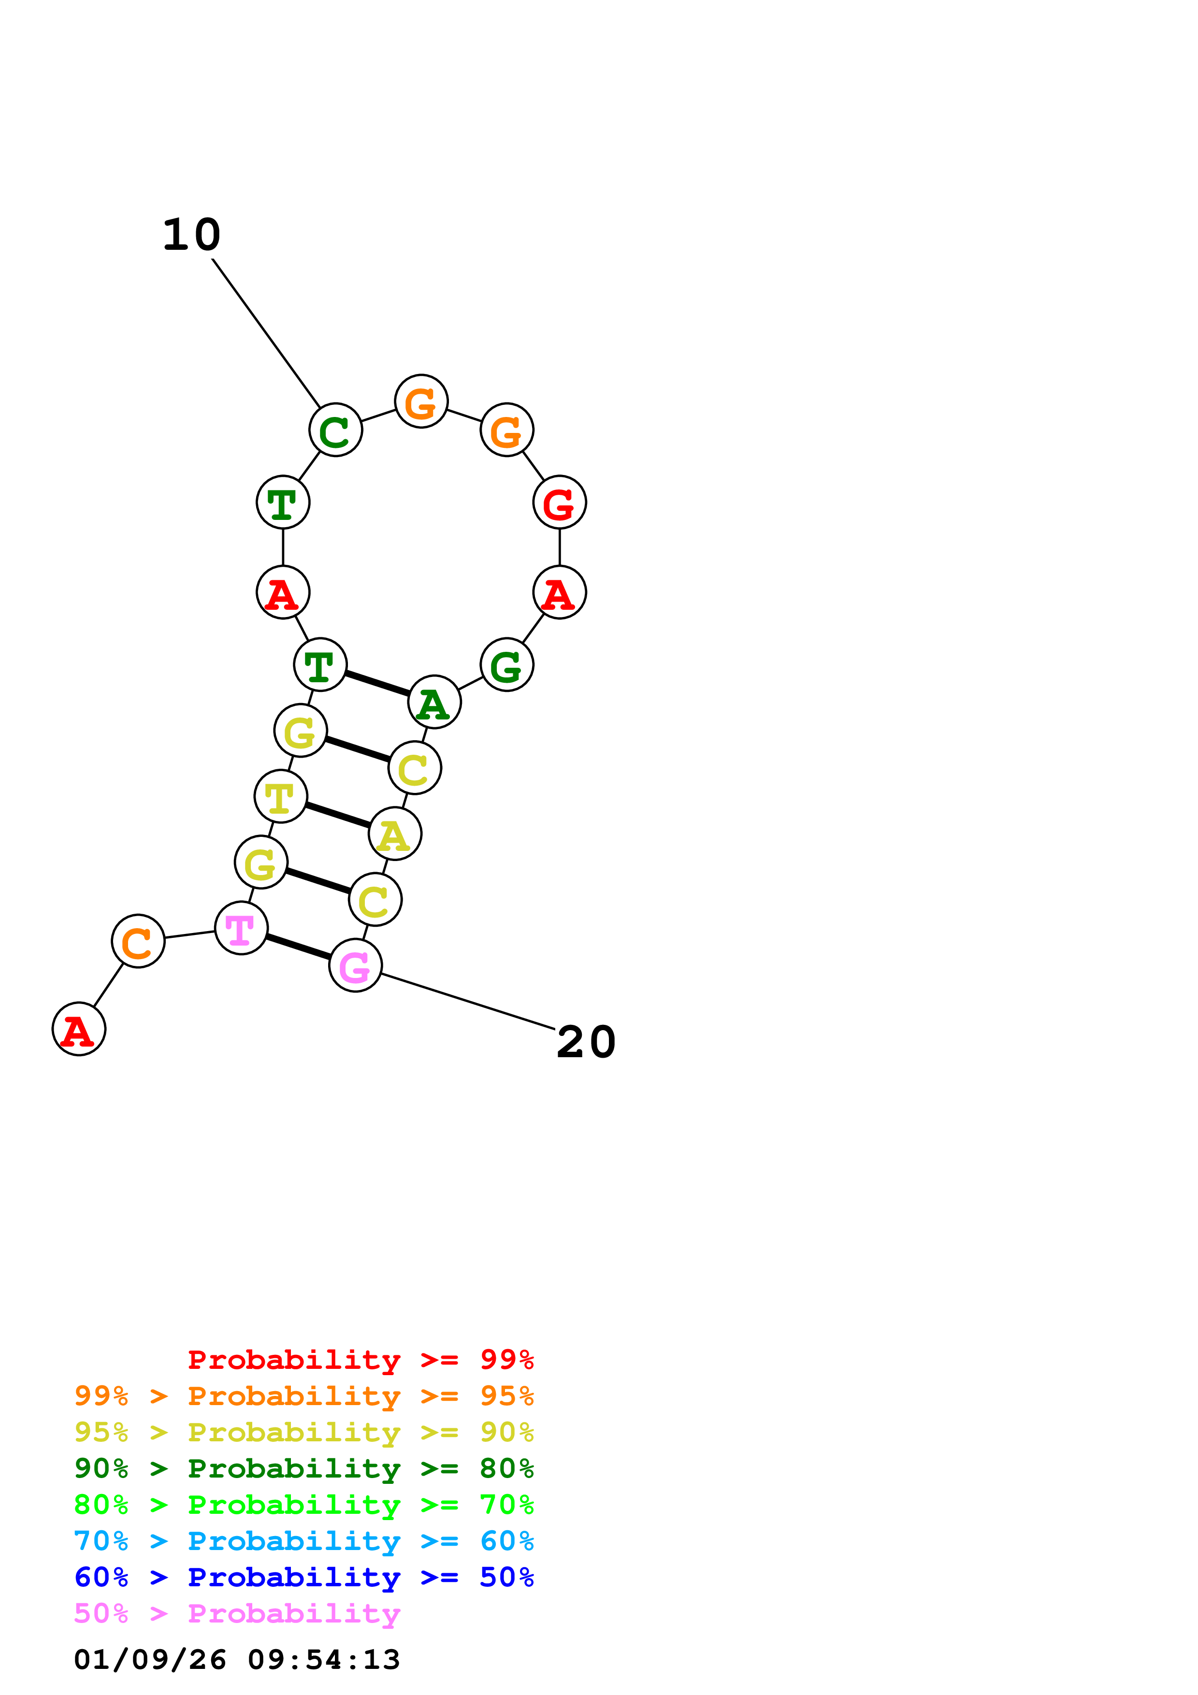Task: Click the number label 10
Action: pos(191,235)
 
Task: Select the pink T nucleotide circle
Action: pos(241,928)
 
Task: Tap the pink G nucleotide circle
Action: pos(355,965)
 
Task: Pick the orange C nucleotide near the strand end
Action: pos(138,941)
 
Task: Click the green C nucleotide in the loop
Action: pos(335,430)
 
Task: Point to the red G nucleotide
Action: pos(560,502)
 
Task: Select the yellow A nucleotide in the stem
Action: pos(395,833)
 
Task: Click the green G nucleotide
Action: pos(506,664)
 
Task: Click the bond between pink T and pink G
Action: pos(298,947)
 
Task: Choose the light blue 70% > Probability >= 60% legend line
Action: pos(303,1541)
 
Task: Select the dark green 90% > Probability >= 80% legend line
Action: pos(303,1468)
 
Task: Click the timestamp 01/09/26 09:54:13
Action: pos(237,1659)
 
